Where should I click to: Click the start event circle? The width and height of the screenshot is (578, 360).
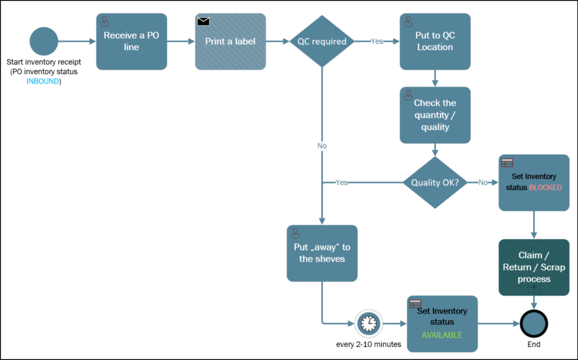click(44, 41)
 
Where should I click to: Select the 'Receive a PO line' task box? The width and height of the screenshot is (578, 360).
click(131, 42)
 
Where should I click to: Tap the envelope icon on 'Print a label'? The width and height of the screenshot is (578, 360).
click(204, 21)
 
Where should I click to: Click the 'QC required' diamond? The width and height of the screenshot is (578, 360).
click(322, 41)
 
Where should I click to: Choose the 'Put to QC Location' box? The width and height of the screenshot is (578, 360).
click(435, 42)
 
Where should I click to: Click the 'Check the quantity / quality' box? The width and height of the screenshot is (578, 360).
click(435, 115)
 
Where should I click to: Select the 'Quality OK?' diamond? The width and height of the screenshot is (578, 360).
click(435, 182)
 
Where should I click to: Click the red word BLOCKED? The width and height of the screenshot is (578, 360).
click(545, 187)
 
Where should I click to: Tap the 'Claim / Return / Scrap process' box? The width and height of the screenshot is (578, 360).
click(534, 267)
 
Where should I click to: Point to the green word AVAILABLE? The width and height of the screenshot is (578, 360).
click(442, 335)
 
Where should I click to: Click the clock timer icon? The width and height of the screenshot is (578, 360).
click(368, 323)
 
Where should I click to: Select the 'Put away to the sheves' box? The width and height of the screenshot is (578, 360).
click(322, 253)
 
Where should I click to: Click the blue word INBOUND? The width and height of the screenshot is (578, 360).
click(43, 81)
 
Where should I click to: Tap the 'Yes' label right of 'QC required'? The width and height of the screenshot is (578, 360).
click(377, 42)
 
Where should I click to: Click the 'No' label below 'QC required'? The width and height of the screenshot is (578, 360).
click(322, 146)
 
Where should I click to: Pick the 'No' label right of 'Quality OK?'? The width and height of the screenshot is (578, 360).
click(483, 182)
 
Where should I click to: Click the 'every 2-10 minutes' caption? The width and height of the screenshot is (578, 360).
click(368, 344)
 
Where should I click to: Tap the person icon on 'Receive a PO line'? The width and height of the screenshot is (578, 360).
click(104, 21)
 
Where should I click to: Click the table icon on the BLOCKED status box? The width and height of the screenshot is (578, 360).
click(507, 163)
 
